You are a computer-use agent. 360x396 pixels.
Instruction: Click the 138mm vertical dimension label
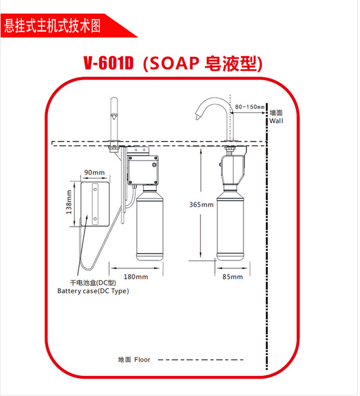pos(69,202)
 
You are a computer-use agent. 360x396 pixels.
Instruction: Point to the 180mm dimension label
pos(136,276)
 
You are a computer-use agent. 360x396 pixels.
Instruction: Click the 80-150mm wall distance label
pos(250,107)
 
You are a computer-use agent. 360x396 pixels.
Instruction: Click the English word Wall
pos(276,121)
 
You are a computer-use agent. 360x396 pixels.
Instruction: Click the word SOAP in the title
pos(176,64)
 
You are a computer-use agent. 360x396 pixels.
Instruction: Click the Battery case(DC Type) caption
pos(93,291)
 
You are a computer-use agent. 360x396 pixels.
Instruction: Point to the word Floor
pos(143,360)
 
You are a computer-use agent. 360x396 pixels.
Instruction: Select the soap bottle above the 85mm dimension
pos(230,227)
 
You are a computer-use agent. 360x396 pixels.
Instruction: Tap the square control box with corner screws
pos(143,168)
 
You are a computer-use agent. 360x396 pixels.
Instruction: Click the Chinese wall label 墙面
pos(276,112)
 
